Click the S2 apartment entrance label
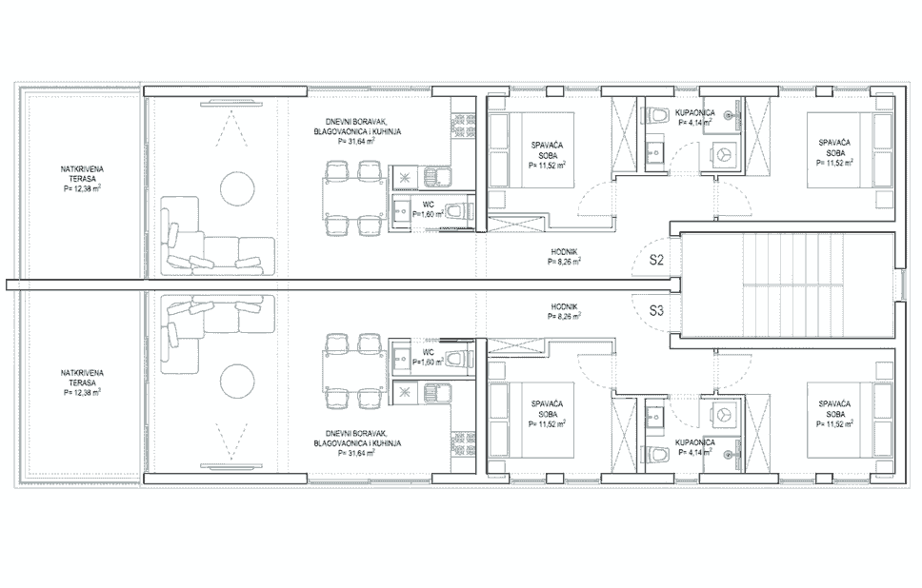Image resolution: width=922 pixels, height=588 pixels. (656, 259)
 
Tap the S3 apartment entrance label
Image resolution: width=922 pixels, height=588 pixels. (656, 309)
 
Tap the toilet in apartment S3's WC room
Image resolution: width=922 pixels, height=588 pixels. (459, 359)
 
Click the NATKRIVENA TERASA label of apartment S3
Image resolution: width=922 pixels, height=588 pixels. (82, 377)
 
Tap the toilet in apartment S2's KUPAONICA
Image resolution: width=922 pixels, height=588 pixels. (655, 116)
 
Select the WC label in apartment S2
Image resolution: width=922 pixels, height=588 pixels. (430, 204)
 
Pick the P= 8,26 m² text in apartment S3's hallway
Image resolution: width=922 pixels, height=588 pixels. (565, 318)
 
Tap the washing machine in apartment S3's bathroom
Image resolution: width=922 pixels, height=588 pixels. (725, 415)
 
